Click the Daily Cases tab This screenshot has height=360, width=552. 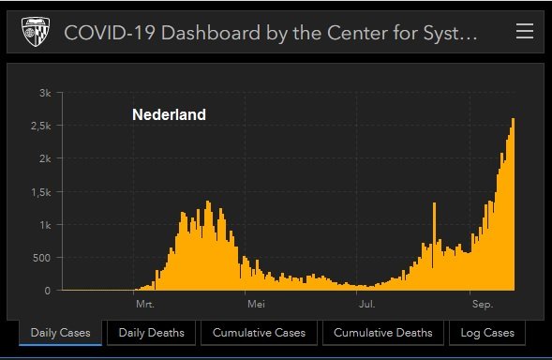[x=60, y=333]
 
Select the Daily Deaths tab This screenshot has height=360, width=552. [x=151, y=333]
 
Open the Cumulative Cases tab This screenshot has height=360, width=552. [x=259, y=333]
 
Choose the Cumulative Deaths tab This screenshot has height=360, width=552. [x=383, y=333]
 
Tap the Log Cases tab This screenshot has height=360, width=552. [x=487, y=333]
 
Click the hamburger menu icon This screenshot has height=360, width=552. [x=525, y=32]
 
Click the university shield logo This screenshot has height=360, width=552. [x=37, y=33]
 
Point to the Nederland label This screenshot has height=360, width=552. [x=169, y=115]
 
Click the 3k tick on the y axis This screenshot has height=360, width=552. [x=45, y=93]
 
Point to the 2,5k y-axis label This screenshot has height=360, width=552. [x=40, y=126]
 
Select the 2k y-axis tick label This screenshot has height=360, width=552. [x=45, y=158]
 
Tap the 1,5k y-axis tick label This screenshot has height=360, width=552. [x=40, y=192]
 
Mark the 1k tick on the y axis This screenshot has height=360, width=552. [x=45, y=225]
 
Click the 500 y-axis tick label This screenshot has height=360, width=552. [x=42, y=258]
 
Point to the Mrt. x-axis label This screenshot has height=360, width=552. [x=144, y=305]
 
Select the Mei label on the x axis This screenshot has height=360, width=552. [x=256, y=305]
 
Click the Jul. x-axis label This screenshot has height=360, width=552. [x=366, y=305]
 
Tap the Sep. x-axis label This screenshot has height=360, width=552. [x=482, y=305]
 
